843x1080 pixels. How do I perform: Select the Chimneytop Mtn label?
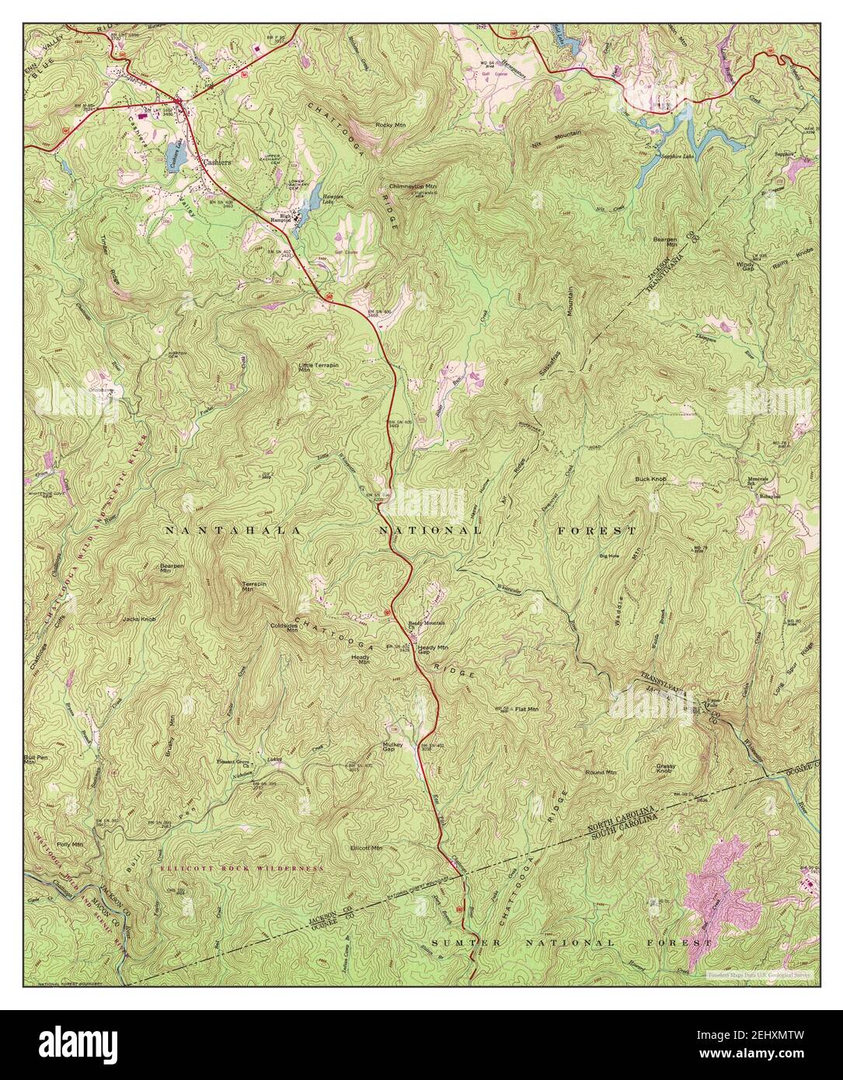click(413, 186)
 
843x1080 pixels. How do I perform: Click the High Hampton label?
click(280, 218)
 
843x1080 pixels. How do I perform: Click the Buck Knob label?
click(650, 479)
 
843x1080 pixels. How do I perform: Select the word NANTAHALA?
click(221, 530)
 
